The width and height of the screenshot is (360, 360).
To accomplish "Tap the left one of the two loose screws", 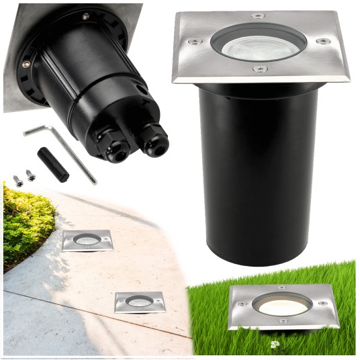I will pyautogui.click(x=18, y=181).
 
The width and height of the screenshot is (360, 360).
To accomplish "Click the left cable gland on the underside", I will pyautogui.click(x=114, y=149).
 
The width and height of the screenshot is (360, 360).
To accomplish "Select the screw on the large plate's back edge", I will pyautogui.click(x=258, y=15).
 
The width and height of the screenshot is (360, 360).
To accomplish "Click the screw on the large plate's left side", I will pyautogui.click(x=194, y=42).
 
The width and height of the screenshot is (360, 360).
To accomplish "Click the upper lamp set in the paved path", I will pyautogui.click(x=87, y=240).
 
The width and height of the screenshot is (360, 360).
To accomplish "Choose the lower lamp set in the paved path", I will pyautogui.click(x=140, y=302).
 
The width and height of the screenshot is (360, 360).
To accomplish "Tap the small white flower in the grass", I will pyautogui.click(x=274, y=345).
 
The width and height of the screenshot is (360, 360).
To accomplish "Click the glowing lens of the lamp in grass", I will pyautogui.click(x=282, y=306).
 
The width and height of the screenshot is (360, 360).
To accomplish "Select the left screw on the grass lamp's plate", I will pyautogui.click(x=240, y=304).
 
